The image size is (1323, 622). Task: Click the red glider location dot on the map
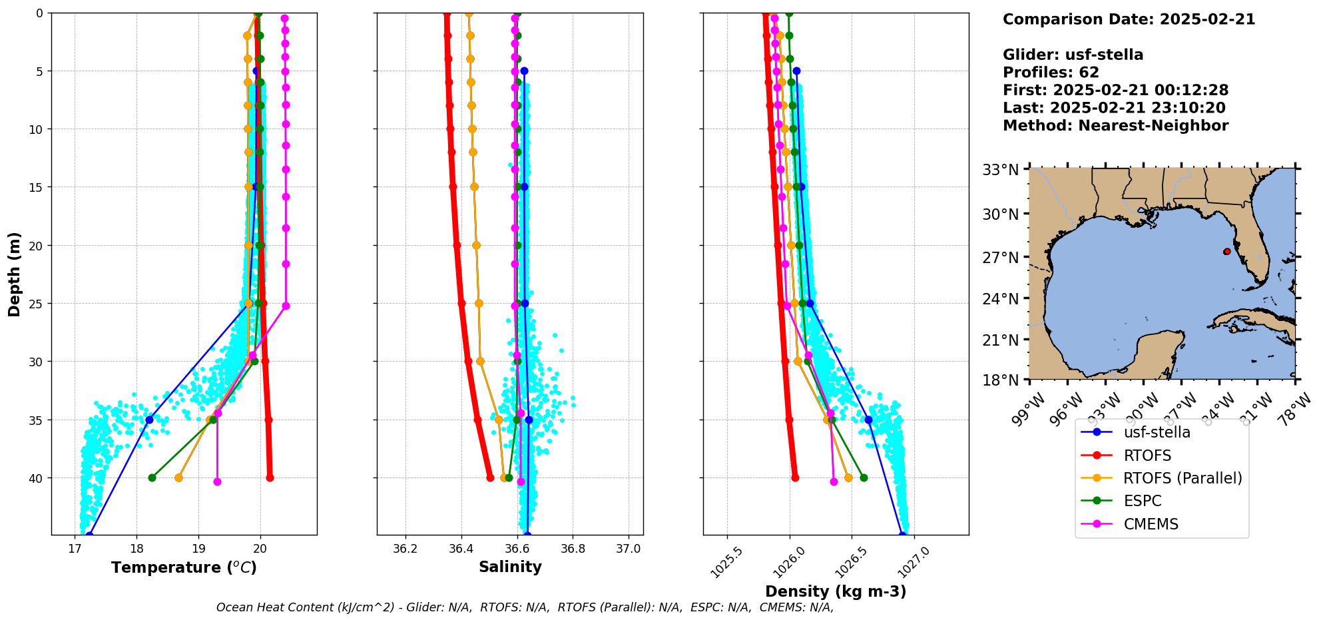click(1226, 251)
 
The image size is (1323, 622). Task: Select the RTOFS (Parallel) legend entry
click(1183, 478)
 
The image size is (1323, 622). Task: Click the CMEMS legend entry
click(1151, 524)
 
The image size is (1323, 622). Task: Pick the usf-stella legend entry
click(1157, 432)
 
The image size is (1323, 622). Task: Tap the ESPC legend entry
click(1142, 501)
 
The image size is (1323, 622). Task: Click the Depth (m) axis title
click(15, 274)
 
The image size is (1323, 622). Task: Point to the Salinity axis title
click(510, 567)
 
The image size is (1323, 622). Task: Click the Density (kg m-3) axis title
click(836, 591)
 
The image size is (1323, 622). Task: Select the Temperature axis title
click(184, 567)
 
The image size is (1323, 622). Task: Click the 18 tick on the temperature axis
click(136, 549)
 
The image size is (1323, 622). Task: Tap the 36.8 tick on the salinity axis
click(573, 549)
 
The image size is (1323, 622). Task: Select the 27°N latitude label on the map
click(1001, 258)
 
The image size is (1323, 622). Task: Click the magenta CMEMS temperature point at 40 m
click(217, 481)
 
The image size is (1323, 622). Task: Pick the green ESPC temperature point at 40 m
click(152, 477)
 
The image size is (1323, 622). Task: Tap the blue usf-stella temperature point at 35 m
click(149, 420)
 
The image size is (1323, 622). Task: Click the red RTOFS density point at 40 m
click(795, 477)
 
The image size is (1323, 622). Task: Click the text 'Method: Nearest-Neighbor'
click(1115, 125)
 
